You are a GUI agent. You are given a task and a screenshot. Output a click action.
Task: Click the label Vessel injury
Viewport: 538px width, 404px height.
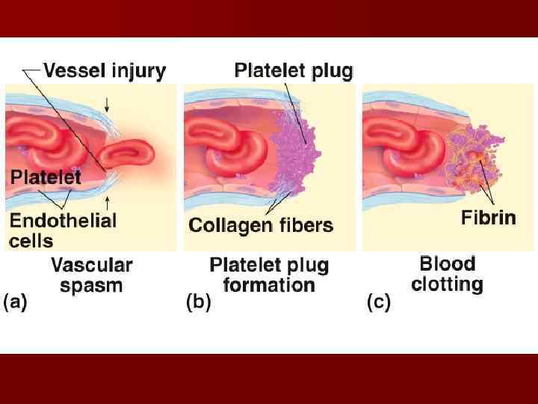(x=105, y=72)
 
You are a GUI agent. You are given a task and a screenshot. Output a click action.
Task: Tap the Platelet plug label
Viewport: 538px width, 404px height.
(x=294, y=71)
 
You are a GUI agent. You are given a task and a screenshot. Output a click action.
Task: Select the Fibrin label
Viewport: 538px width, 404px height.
(x=488, y=218)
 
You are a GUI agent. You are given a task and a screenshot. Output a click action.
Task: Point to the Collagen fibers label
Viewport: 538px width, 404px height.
(x=261, y=224)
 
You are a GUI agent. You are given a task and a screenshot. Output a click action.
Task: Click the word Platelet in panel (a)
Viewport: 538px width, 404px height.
(x=46, y=177)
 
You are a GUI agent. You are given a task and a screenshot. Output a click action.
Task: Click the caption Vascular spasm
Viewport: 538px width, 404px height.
(x=91, y=275)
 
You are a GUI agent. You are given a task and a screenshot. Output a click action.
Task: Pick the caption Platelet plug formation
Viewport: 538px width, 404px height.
(x=269, y=275)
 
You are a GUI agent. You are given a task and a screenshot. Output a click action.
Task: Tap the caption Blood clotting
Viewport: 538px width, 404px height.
(x=447, y=274)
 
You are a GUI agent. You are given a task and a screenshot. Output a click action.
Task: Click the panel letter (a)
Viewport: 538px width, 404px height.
(x=16, y=302)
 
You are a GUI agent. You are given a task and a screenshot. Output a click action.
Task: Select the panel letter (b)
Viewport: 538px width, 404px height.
(x=198, y=302)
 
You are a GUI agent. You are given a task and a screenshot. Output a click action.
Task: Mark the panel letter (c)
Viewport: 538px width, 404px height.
(x=377, y=302)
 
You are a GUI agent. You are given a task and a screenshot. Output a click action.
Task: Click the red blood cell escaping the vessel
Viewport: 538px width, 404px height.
(x=127, y=156)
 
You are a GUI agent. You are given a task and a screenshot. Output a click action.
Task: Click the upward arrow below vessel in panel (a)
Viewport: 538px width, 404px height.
(x=109, y=201)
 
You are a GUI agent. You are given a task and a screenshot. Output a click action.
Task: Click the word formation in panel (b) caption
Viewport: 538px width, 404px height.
(x=269, y=285)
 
